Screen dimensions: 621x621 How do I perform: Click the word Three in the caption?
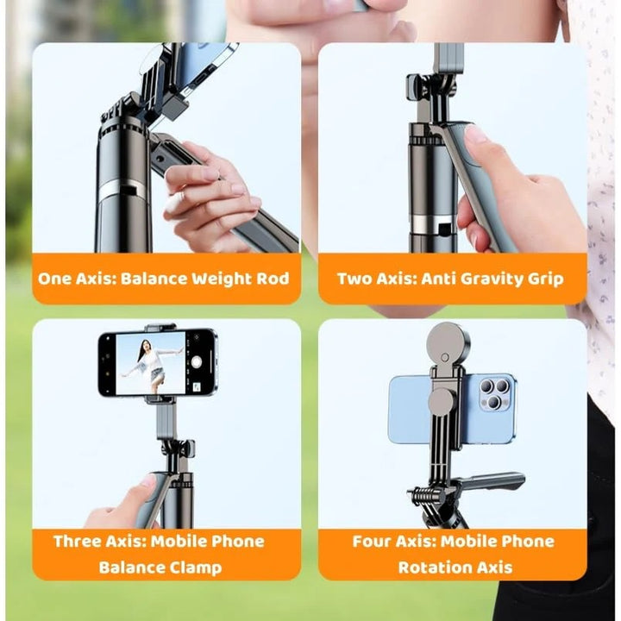click(77, 542)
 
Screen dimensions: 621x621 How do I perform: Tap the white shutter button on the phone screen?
click(197, 361)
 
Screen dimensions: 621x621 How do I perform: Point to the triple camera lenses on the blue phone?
click(494, 394)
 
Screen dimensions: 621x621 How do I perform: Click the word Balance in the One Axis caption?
click(154, 279)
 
